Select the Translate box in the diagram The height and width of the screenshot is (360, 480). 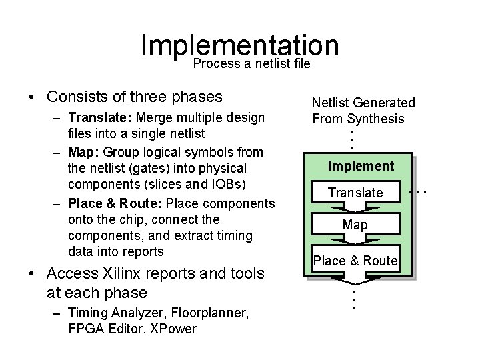[x=355, y=193]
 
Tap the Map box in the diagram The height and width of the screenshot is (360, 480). [x=355, y=225]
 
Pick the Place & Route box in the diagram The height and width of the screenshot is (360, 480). [x=355, y=261]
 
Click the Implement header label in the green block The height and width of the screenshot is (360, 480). [x=361, y=166]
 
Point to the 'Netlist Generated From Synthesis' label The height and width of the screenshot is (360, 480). [x=363, y=111]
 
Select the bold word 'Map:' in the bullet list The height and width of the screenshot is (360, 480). [x=85, y=152]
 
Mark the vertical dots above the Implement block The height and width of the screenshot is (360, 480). [x=353, y=139]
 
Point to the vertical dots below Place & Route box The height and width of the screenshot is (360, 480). [x=353, y=297]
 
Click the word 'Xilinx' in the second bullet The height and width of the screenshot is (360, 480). [x=127, y=273]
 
